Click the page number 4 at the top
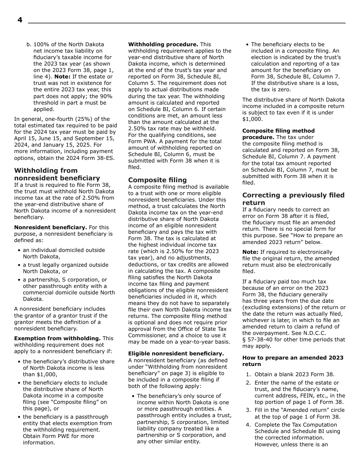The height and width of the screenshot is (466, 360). pos(20,20)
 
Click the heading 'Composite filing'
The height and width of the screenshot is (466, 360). pos(157,180)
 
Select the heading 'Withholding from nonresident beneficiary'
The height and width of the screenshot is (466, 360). pos(57,174)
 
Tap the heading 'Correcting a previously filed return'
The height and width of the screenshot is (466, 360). pos(293,199)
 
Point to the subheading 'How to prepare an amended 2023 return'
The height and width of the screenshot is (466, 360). pos(293,361)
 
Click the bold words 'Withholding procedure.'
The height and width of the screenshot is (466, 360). pos(163,44)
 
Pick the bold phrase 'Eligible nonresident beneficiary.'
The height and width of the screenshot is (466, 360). pos(176,353)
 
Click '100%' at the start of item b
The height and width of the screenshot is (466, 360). pos(40,44)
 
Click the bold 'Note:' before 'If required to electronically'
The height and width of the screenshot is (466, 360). pos(250,252)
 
